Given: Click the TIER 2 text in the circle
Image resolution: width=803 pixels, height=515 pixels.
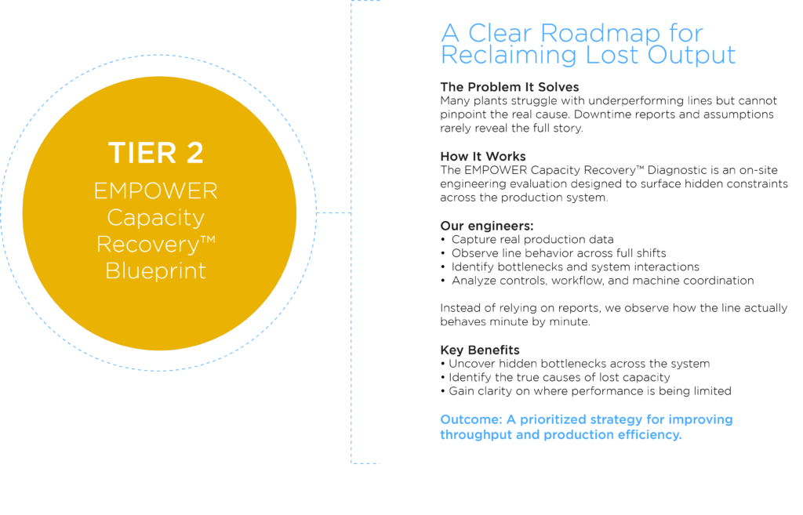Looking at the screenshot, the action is [x=156, y=153].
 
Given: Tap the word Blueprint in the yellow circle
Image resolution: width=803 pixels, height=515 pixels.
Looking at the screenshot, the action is [x=156, y=270].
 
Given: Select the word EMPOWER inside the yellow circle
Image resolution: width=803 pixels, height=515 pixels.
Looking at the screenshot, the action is [x=156, y=191].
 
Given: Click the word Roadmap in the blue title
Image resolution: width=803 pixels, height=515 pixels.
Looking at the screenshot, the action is [x=600, y=34].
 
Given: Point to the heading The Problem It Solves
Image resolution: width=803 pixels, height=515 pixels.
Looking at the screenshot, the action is [x=510, y=87].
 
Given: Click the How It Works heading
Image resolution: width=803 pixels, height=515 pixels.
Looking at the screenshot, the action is [x=483, y=156].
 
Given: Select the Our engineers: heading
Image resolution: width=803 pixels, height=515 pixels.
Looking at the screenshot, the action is [x=487, y=226].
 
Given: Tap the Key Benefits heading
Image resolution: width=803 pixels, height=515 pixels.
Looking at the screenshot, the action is [x=480, y=350].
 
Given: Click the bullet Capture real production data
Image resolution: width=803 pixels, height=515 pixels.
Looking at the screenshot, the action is [x=532, y=240].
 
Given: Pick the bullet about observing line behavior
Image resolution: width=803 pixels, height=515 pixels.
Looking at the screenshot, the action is [x=558, y=253].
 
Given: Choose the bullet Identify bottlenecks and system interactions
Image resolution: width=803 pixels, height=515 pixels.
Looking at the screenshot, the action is [x=575, y=267].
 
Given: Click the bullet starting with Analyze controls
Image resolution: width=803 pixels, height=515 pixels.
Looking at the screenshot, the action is [x=603, y=281].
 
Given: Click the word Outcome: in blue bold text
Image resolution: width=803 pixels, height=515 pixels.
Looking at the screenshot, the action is [x=471, y=420].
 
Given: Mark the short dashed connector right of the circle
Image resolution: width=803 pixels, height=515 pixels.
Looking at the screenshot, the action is [x=334, y=212].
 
